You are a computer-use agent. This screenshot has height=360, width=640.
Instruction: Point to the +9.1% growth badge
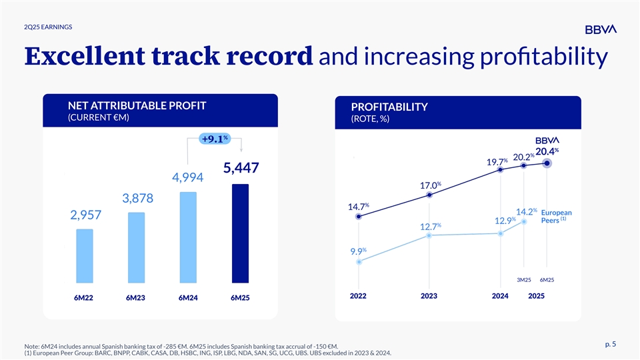pos(215,139)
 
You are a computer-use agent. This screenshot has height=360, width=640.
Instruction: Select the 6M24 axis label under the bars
pos(188,298)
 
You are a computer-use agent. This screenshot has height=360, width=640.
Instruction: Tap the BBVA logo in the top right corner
pos(601,29)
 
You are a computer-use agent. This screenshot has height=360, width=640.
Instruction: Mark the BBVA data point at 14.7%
pos(359,217)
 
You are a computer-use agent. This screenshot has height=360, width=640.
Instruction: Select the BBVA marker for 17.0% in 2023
pos(430,195)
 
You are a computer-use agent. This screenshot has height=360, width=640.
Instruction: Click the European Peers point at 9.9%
pos(359,262)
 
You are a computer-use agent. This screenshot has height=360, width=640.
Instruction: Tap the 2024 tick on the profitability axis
pos(500,295)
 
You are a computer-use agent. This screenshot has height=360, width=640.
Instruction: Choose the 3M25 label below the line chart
pos(524,279)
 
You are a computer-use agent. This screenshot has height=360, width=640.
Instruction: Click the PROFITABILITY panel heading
pos(389,107)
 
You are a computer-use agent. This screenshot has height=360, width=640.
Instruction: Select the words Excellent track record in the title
pos(168,57)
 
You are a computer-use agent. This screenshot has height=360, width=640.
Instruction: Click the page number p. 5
pos(609,344)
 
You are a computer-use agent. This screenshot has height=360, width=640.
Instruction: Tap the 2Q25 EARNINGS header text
pos(48,27)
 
